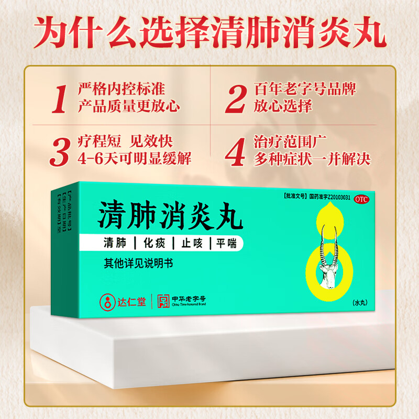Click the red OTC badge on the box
(361, 200)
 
